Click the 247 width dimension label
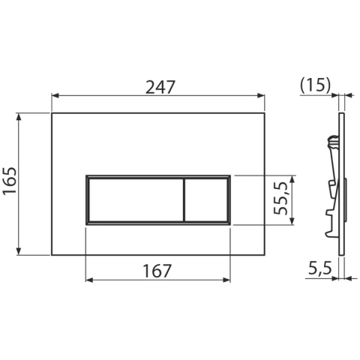click(160, 87)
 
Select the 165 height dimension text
click(10, 181)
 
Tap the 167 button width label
click(157, 271)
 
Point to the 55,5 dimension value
click(280, 199)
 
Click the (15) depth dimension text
click(315, 86)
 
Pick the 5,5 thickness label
click(319, 268)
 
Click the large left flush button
click(136, 200)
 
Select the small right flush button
click(206, 200)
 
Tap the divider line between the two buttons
click(184, 200)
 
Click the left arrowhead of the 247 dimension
click(55, 95)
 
